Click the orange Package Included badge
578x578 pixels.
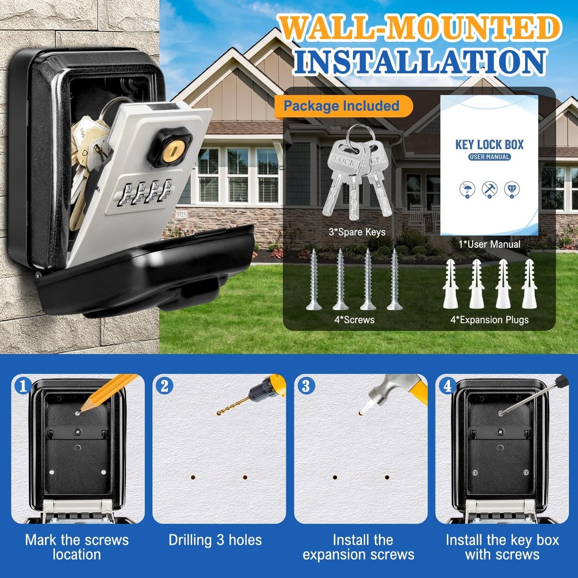pyautogui.click(x=342, y=106)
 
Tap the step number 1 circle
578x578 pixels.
pyautogui.click(x=22, y=386)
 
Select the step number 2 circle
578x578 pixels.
pyautogui.click(x=164, y=386)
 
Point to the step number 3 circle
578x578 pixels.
pyautogui.click(x=306, y=386)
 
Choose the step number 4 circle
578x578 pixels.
pyautogui.click(x=447, y=386)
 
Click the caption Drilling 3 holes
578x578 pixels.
pyautogui.click(x=215, y=540)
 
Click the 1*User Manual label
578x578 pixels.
pyautogui.click(x=490, y=244)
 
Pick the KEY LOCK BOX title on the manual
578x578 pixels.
pyautogui.click(x=489, y=144)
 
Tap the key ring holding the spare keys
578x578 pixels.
pyautogui.click(x=354, y=132)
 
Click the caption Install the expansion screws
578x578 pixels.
pyautogui.click(x=358, y=547)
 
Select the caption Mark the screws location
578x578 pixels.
pyautogui.click(x=76, y=547)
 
